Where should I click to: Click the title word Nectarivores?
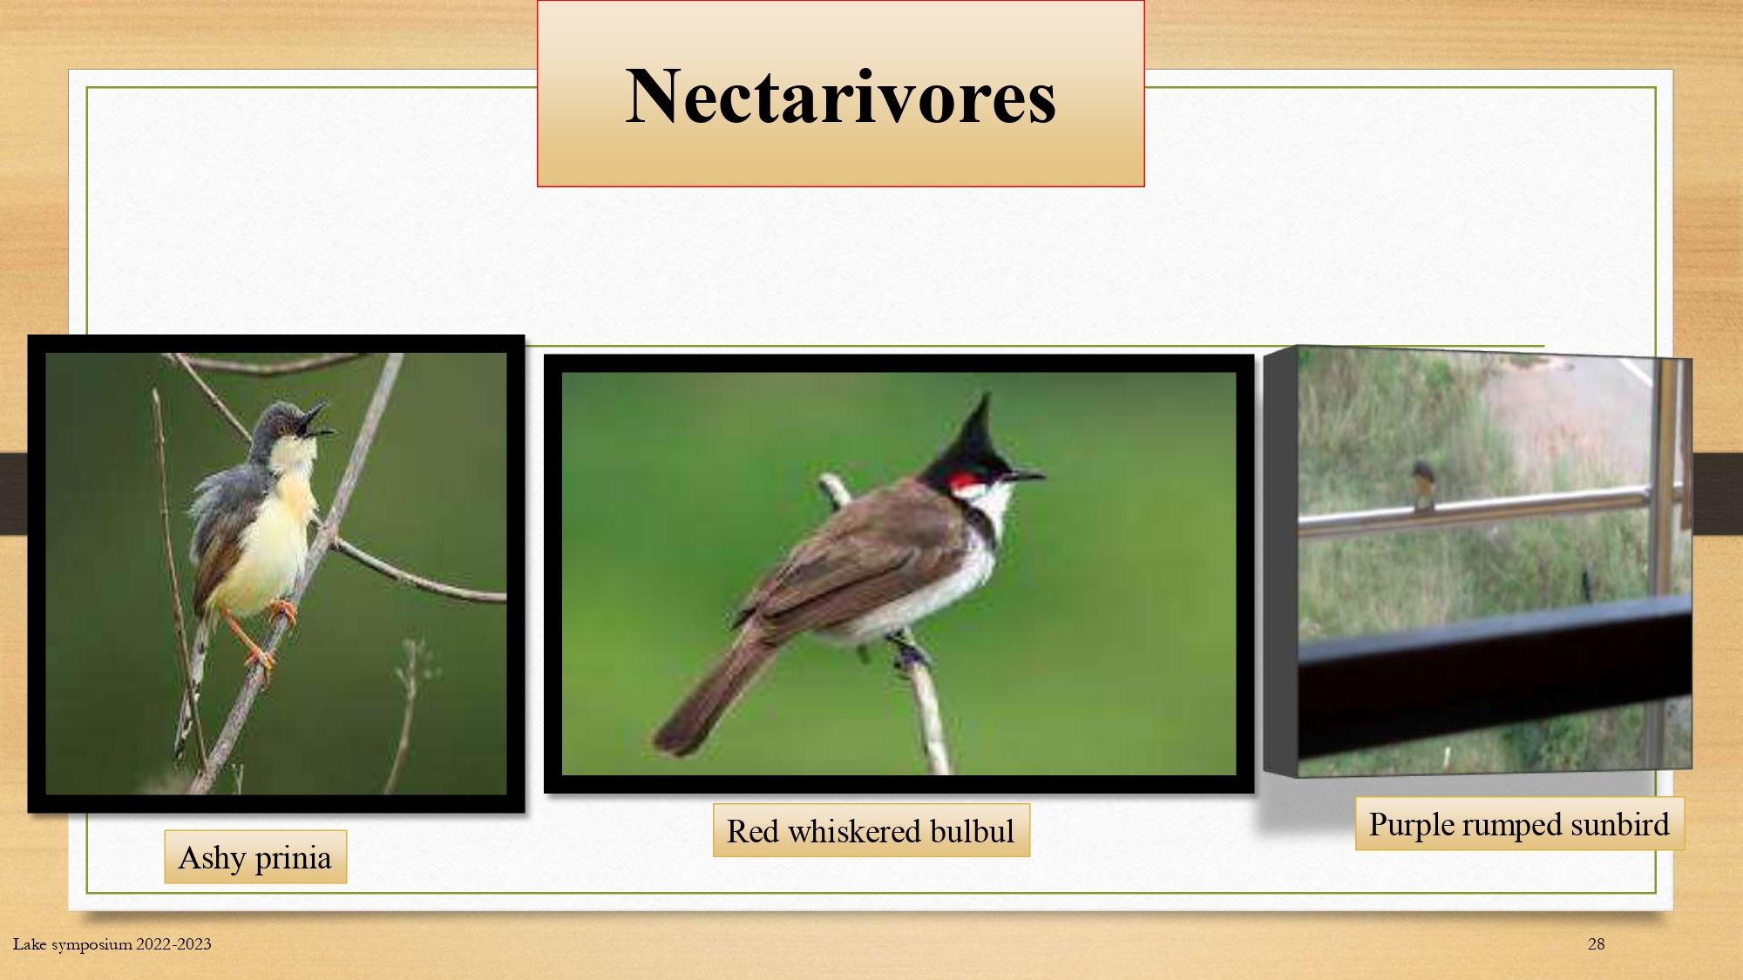click(x=841, y=97)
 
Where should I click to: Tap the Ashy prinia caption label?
click(x=255, y=857)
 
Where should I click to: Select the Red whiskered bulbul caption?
click(x=871, y=830)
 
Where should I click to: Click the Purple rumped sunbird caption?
click(x=1519, y=823)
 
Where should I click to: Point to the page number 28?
click(x=1596, y=943)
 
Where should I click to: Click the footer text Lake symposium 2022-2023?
click(x=112, y=943)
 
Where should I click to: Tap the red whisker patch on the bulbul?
click(x=962, y=481)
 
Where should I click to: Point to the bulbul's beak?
click(x=1026, y=476)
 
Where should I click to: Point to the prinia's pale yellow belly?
click(x=266, y=549)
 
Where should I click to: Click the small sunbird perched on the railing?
click(x=1423, y=485)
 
